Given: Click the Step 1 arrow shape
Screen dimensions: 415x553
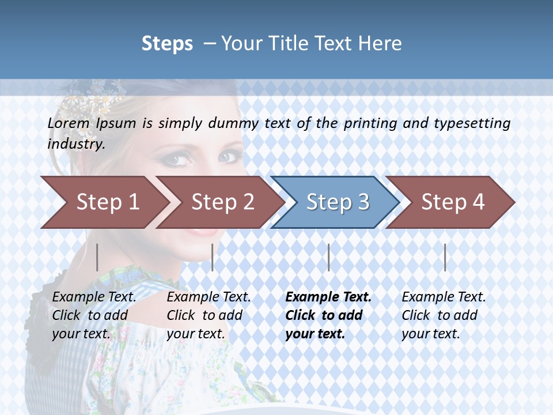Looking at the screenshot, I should click(x=104, y=202).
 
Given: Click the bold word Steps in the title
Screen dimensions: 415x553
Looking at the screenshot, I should click(x=167, y=43).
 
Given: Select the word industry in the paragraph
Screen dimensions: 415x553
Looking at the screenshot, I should click(x=75, y=144).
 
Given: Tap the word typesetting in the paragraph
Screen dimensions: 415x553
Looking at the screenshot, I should click(x=472, y=123).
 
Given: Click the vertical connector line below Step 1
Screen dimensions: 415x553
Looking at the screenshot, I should click(x=97, y=257).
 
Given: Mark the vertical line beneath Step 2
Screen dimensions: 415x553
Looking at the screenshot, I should click(x=213, y=257).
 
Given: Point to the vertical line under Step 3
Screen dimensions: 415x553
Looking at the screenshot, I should click(x=328, y=257).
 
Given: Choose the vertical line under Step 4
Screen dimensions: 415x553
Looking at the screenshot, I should click(x=445, y=257).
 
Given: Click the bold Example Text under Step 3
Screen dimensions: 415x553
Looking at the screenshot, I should click(x=328, y=297).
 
